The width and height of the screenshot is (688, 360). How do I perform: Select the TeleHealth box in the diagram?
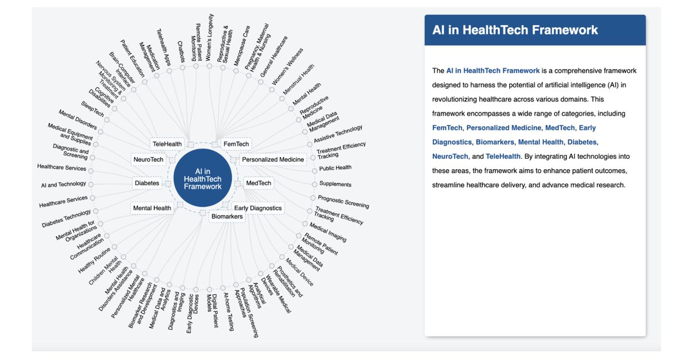(167, 143)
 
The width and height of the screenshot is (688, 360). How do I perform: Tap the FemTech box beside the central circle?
(236, 143)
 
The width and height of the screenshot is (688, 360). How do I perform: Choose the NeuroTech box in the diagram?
(148, 159)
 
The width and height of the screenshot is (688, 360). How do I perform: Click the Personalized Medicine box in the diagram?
(273, 159)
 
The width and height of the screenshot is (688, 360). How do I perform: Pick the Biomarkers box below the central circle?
(227, 216)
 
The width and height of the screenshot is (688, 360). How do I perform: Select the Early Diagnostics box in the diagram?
(258, 208)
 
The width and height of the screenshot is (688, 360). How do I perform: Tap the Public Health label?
(335, 168)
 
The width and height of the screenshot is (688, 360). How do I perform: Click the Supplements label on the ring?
(335, 184)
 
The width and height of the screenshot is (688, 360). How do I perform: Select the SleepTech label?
(93, 108)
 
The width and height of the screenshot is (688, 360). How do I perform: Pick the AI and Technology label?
(64, 185)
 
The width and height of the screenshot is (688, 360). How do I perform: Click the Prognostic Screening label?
(343, 202)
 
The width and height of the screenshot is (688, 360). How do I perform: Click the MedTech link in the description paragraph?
(560, 127)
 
